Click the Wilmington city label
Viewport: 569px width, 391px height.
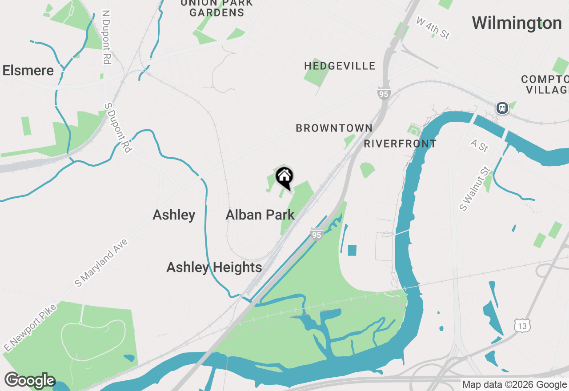pos(517,23)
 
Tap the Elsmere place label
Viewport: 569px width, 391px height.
pos(28,71)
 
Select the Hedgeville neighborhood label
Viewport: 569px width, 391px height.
pos(340,66)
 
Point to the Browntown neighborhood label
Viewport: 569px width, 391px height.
pos(334,128)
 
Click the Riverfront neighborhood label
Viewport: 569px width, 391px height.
pos(400,144)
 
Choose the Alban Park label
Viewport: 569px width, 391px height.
pos(260,215)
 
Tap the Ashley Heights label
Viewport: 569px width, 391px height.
pos(214,267)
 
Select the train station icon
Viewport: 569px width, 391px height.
pos(502,108)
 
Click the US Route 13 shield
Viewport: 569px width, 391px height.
pos(522,325)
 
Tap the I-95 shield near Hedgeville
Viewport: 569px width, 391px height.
pos(384,93)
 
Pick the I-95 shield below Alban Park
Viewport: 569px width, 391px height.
pos(316,234)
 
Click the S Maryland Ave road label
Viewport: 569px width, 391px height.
pos(101,263)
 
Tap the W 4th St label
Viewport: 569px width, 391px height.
pos(433,28)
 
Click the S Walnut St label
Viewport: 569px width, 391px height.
pos(475,189)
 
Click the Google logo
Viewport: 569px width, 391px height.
pos(30,381)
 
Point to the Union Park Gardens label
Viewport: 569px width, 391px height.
pos(216,8)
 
